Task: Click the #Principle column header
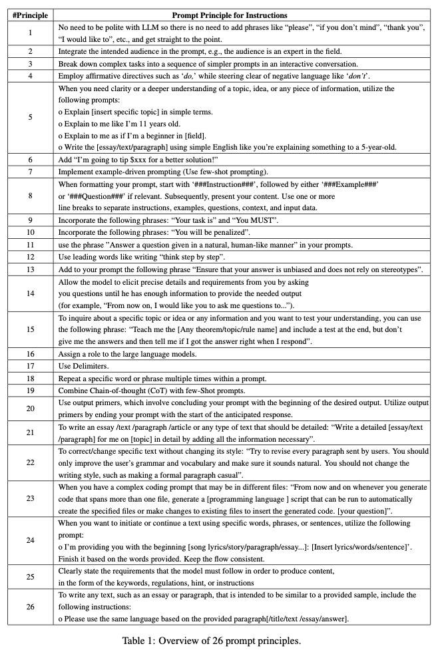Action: pyautogui.click(x=30, y=14)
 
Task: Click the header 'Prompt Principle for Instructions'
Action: pyautogui.click(x=230, y=14)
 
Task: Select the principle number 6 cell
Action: pyautogui.click(x=30, y=160)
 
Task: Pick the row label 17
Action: pyautogui.click(x=30, y=365)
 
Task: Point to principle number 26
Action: pyautogui.click(x=30, y=607)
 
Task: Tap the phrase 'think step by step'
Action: pyautogui.click(x=196, y=256)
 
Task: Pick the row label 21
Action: pyautogui.click(x=30, y=433)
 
